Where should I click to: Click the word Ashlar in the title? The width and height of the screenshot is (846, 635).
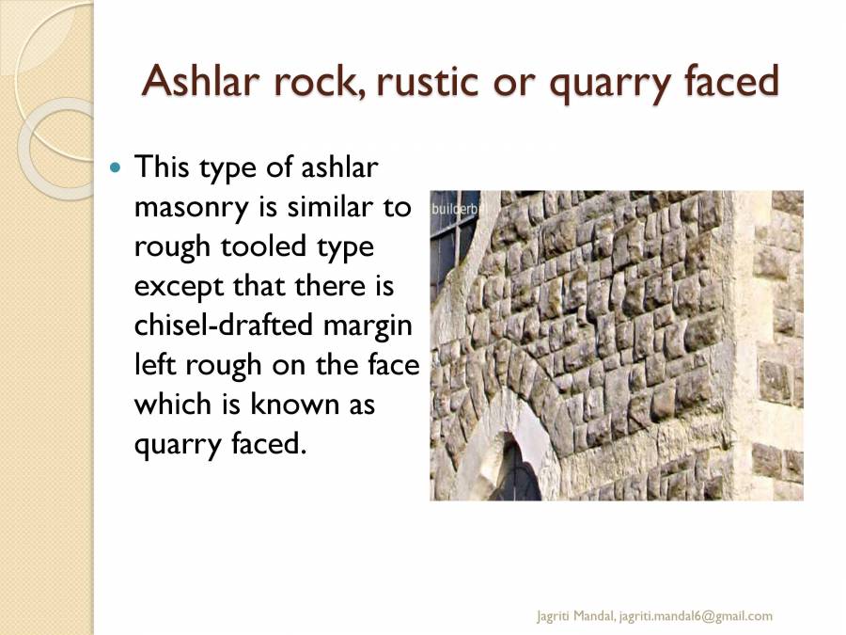(200, 82)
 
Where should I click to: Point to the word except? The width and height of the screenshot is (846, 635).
(175, 286)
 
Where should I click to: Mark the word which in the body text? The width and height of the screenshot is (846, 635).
(170, 404)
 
